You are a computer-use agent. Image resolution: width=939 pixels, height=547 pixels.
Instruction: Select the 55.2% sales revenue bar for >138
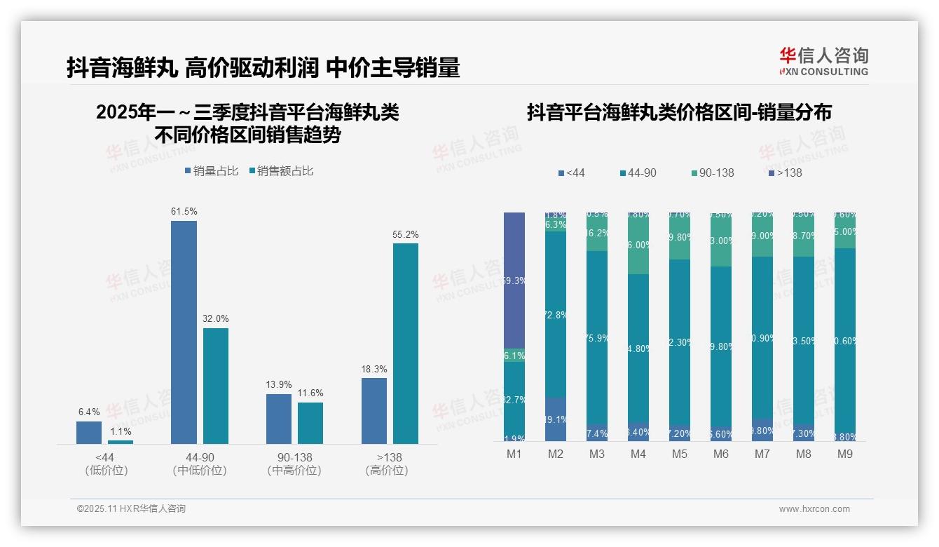405,343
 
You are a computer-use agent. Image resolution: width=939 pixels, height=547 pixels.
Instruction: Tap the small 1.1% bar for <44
121,442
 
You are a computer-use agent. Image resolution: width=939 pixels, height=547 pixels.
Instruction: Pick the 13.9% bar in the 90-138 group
278,419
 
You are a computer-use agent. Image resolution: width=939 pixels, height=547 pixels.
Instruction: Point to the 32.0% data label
216,318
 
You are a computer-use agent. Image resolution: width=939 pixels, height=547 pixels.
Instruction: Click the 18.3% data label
374,369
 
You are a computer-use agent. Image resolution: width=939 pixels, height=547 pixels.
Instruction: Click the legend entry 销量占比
212,171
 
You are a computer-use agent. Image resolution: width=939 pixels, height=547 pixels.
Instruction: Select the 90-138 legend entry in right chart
712,173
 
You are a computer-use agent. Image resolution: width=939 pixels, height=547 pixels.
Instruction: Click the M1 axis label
514,454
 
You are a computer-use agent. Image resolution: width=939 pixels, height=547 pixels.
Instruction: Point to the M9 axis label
844,454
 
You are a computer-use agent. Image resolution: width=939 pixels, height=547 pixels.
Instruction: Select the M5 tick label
679,454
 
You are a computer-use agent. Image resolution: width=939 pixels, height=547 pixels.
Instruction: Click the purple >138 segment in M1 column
514,280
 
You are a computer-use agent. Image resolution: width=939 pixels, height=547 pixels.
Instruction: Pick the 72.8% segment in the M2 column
556,315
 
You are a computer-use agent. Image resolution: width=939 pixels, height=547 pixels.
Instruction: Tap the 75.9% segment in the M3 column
597,337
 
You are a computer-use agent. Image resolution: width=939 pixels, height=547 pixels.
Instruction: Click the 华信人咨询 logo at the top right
823,61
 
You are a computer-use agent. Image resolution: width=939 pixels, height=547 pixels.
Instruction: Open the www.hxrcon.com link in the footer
814,509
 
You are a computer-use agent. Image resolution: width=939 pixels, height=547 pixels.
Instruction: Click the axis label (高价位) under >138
386,471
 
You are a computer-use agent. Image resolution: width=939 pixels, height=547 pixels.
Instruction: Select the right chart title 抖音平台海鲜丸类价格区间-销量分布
679,112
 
